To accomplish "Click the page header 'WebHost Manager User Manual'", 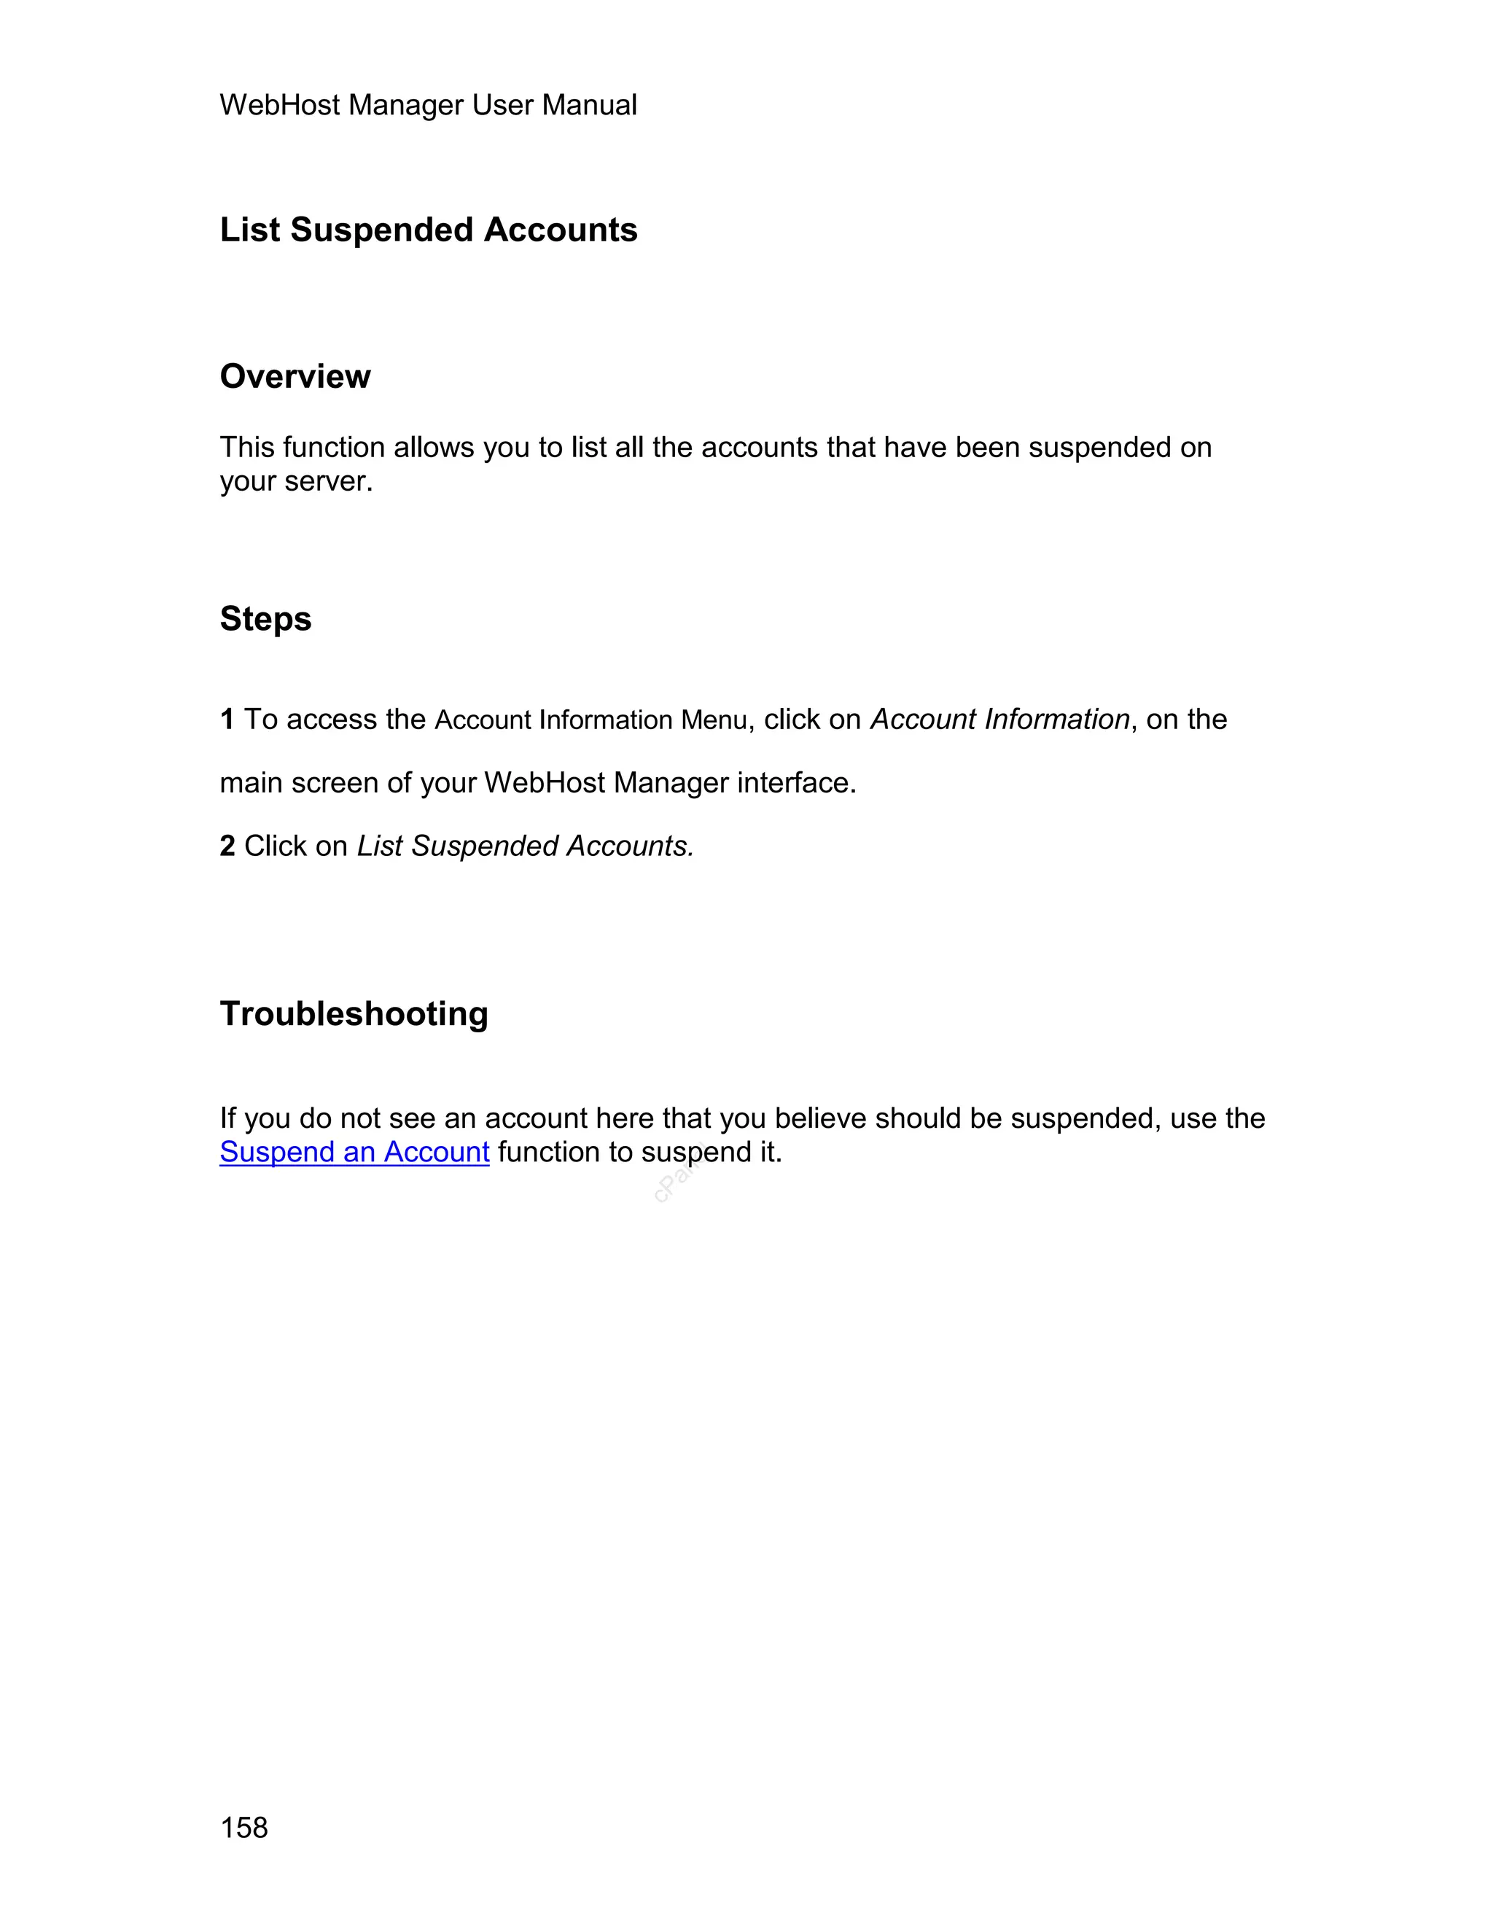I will [428, 105].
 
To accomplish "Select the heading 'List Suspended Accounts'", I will [428, 230].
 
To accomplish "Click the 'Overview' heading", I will [295, 377].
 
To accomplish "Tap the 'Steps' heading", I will [265, 619].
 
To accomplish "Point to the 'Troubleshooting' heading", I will [354, 1014].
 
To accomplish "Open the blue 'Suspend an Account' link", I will [354, 1153].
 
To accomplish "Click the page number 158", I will [243, 1828].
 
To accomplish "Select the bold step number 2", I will [227, 846].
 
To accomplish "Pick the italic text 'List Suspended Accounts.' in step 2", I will [526, 846].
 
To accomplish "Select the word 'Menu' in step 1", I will [714, 721].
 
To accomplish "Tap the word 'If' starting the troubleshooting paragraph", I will [227, 1119].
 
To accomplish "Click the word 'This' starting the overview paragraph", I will [247, 448].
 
